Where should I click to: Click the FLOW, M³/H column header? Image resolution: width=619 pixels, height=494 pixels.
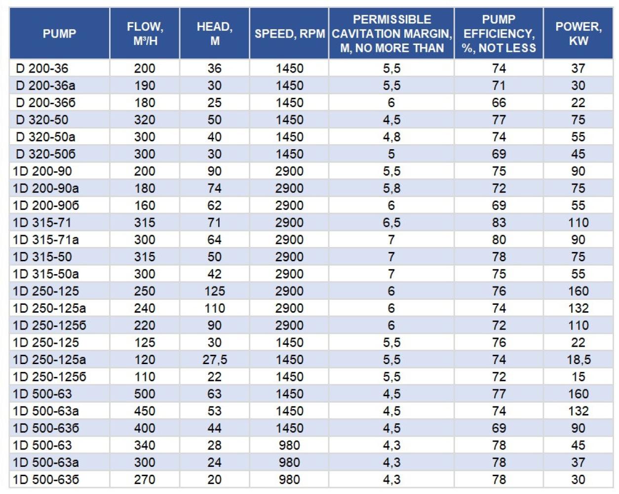point(145,34)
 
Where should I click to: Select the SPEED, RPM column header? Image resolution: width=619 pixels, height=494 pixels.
point(289,34)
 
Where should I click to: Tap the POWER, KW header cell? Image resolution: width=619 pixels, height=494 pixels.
point(578,34)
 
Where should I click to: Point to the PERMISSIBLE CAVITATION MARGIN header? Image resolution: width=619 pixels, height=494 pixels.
point(391,34)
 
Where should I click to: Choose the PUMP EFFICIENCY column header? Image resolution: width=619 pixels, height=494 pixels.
point(499,34)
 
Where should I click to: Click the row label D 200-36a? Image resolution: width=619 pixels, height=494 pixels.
point(45,85)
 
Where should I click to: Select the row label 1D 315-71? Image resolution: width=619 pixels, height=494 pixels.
point(42,222)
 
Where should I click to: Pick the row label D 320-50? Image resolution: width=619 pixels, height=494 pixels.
point(42,120)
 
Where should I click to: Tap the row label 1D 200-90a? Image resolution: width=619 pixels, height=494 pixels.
point(45,188)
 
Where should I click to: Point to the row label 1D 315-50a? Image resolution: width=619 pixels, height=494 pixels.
point(45,274)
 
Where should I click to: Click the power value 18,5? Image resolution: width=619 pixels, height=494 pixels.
point(579,360)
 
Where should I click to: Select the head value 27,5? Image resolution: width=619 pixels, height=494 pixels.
point(215,360)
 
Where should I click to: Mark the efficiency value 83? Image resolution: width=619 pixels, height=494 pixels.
point(499,222)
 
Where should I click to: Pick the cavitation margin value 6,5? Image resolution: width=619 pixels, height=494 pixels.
point(391,222)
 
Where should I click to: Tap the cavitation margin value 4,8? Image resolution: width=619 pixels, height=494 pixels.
point(391,137)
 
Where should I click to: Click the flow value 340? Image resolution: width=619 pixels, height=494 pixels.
point(145,445)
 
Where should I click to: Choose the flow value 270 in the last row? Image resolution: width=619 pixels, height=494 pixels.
point(145,479)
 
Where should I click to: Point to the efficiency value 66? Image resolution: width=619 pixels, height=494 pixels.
point(499,103)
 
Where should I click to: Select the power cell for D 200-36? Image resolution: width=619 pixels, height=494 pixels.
point(578,69)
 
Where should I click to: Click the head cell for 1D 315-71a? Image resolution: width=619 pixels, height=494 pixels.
point(215,240)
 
